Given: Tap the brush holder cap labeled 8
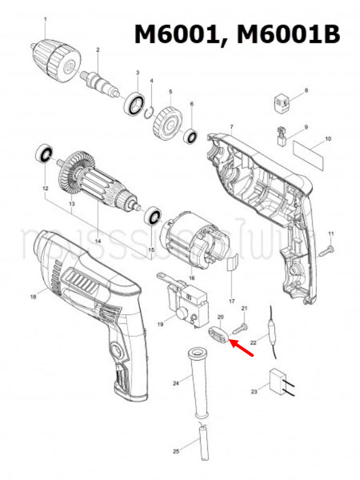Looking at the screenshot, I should click(282, 101).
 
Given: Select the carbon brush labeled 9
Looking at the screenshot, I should click(281, 136).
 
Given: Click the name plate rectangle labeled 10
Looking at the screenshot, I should click(311, 152).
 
